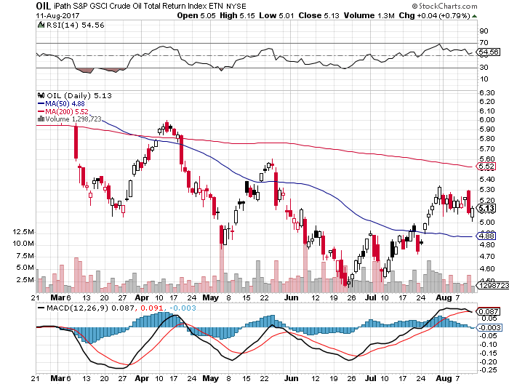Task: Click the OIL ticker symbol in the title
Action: tap(43, 5)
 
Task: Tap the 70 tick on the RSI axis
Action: tap(482, 44)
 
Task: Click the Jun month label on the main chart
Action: tap(291, 297)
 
